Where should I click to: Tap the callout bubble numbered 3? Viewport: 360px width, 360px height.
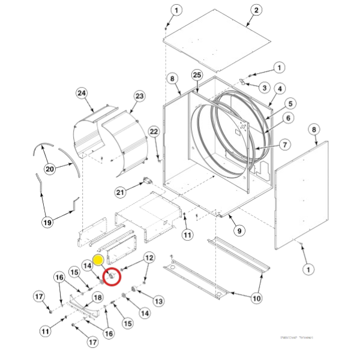[263, 86]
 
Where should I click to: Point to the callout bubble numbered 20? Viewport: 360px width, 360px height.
[50, 170]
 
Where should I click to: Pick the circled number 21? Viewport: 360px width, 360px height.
[121, 192]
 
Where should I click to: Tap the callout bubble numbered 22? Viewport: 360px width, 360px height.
[154, 131]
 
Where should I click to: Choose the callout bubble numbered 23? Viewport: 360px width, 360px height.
[140, 96]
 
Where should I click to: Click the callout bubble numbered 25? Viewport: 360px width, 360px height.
[197, 74]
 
